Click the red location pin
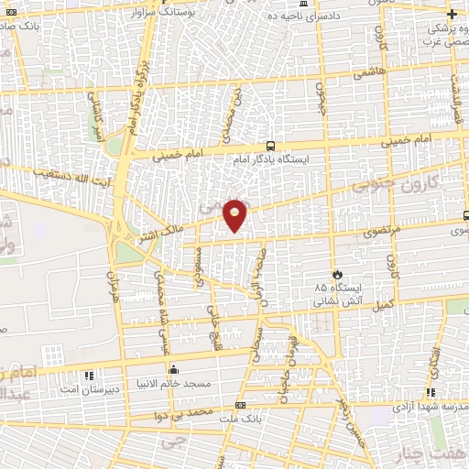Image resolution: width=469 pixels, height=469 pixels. [235, 214]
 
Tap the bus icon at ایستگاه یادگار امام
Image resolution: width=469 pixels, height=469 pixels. [270, 145]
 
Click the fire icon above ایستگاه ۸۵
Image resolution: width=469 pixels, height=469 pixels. [337, 273]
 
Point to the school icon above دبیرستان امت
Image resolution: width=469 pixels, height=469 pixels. [89, 376]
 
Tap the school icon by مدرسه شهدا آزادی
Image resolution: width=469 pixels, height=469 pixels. [430, 392]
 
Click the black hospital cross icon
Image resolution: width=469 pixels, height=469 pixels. [452, 14]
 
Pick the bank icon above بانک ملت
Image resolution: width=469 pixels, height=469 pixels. [241, 404]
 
